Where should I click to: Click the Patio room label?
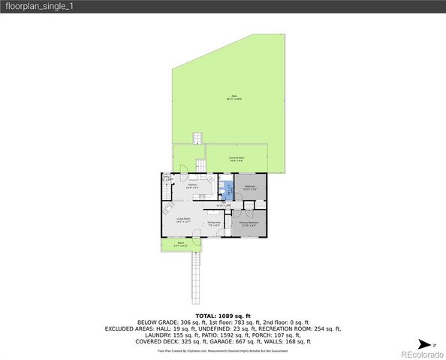(234, 100)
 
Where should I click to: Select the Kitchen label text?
(193, 186)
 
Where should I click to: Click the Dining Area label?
(214, 223)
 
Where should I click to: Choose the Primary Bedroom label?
(249, 223)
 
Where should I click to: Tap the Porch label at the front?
(180, 244)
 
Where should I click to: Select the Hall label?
(221, 205)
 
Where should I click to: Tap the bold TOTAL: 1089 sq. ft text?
(223, 316)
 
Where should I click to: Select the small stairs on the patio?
(198, 139)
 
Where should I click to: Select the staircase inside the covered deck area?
(200, 165)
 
